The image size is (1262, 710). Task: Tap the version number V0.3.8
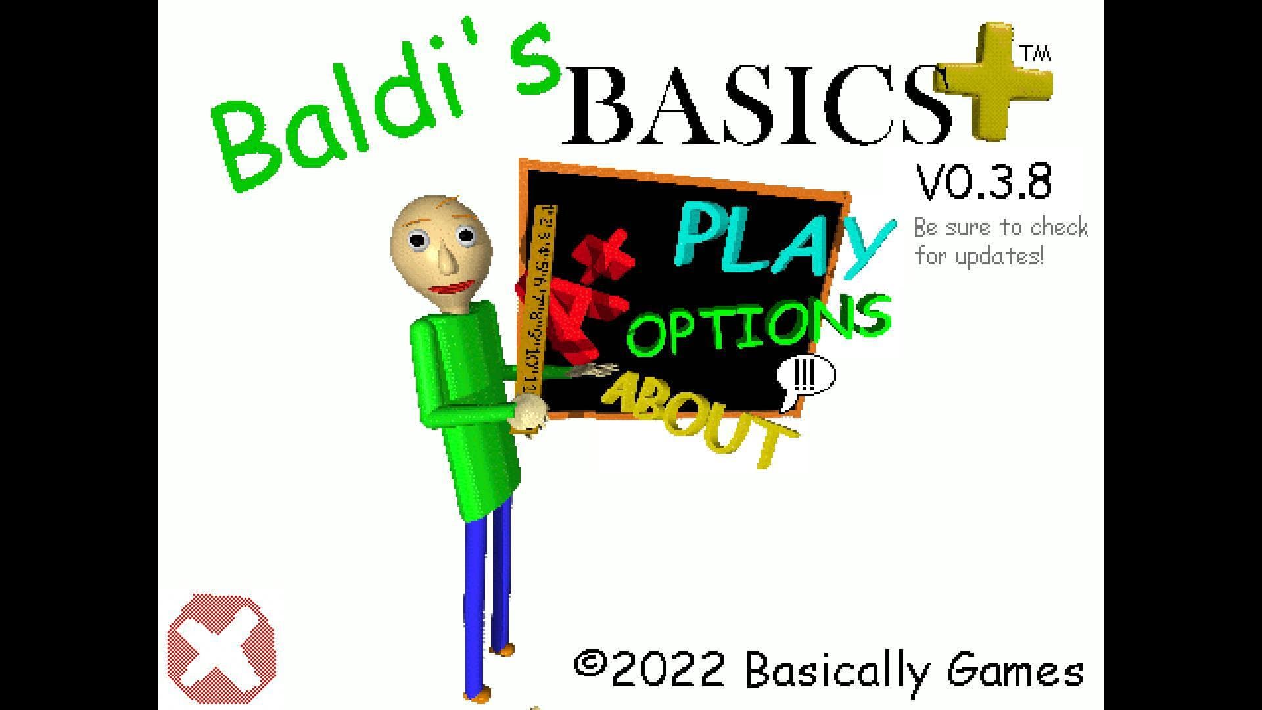pos(984,182)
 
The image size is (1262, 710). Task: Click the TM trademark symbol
pos(1035,54)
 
